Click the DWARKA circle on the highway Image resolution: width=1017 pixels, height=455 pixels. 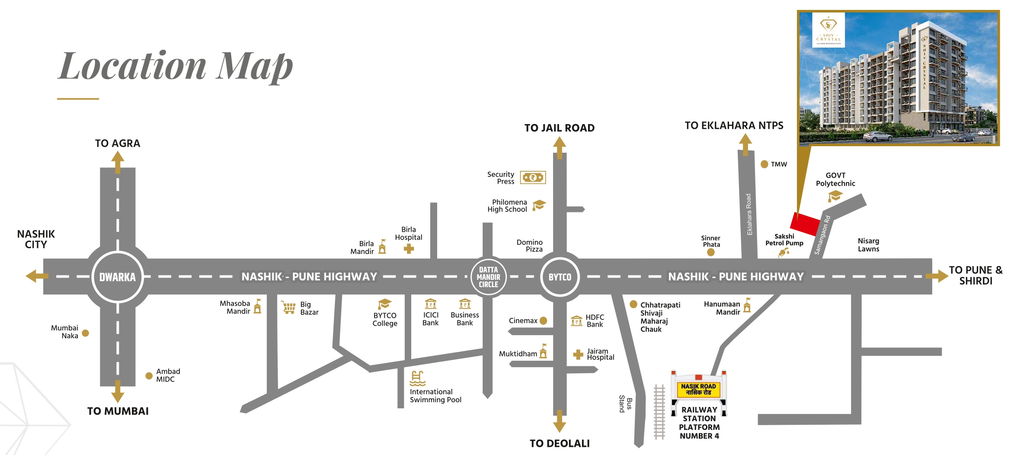coord(118,277)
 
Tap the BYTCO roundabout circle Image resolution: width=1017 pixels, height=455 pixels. coord(560,277)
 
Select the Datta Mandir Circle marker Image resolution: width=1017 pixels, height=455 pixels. coord(488,277)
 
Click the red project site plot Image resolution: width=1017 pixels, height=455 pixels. coord(805,224)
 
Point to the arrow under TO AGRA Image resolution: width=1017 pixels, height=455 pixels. coord(118,162)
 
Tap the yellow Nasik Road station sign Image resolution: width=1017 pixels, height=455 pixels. coord(698,389)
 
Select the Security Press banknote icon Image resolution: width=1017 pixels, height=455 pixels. coord(533,177)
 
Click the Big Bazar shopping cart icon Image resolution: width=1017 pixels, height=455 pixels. coord(288,308)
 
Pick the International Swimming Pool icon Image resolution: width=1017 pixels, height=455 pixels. coord(417,378)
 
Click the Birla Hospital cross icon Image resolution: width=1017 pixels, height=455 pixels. coord(409,249)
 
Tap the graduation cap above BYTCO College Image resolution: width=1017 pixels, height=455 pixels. coord(384,304)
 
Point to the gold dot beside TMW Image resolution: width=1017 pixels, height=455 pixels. coord(764,164)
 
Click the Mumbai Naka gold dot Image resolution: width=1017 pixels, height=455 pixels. coord(86,333)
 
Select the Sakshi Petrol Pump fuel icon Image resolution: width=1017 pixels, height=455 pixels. coord(784,252)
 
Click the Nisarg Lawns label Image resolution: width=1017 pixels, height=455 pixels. coord(868,245)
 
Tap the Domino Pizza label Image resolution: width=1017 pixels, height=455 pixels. coord(530,246)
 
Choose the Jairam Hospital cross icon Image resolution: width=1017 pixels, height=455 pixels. coord(578,355)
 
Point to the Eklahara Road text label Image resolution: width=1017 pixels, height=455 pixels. coord(749,215)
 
